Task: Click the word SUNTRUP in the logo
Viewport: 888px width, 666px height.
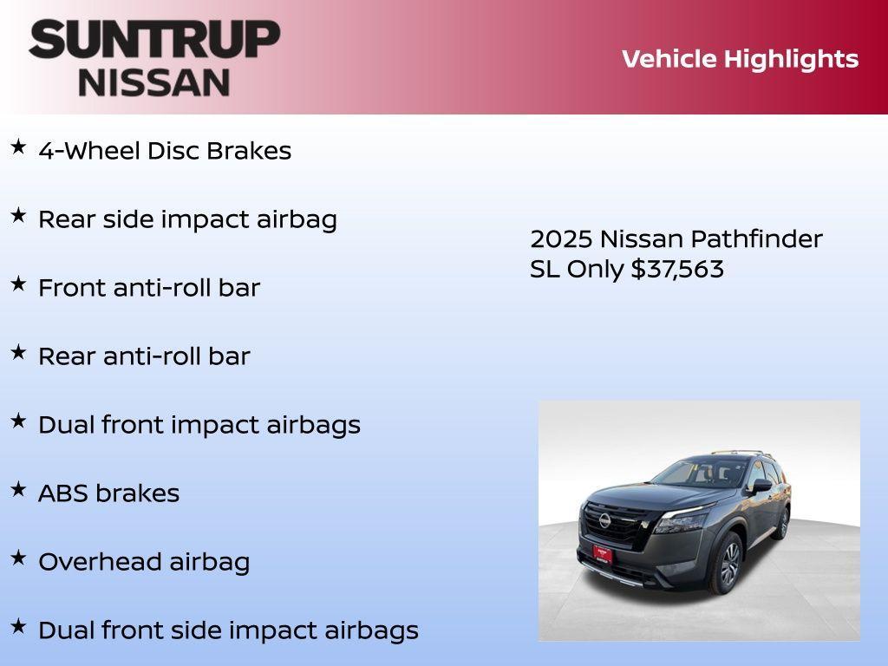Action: pos(154,39)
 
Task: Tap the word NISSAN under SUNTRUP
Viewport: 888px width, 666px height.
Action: pos(154,82)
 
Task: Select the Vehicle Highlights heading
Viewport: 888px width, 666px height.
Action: pos(740,59)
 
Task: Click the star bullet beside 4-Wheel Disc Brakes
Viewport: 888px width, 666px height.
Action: pos(18,147)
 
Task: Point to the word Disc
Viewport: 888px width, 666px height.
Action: pos(174,151)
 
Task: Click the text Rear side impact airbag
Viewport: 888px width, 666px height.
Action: pos(187,219)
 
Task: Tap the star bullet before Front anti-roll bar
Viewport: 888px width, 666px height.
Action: pos(18,284)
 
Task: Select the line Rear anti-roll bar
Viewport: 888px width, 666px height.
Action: pos(144,356)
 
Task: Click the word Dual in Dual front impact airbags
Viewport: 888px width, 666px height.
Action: pos(67,425)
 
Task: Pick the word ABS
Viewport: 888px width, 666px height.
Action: pos(63,493)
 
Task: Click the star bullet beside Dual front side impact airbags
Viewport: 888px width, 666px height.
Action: pos(18,626)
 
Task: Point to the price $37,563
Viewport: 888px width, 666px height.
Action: pos(677,270)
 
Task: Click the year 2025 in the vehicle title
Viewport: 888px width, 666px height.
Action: pos(561,239)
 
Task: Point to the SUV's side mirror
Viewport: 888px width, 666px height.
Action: pos(761,486)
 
